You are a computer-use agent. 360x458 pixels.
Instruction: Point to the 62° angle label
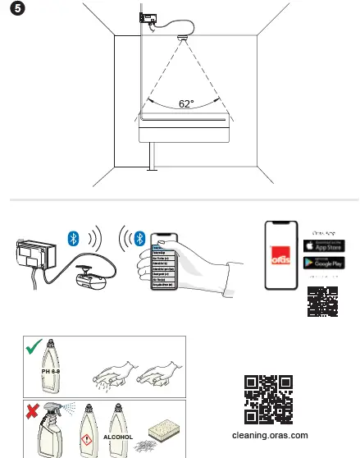coord(186,104)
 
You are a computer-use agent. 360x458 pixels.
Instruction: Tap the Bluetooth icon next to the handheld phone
coord(139,238)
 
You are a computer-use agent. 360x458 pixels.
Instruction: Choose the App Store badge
coord(323,246)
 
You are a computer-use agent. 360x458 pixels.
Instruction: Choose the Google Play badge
coord(323,263)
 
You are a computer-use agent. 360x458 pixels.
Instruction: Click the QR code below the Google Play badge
coord(323,302)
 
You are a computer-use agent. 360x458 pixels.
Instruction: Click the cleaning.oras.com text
coord(270,436)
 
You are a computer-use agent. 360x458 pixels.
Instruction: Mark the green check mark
coord(34,348)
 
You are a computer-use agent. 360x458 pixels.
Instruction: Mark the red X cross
coord(33,410)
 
